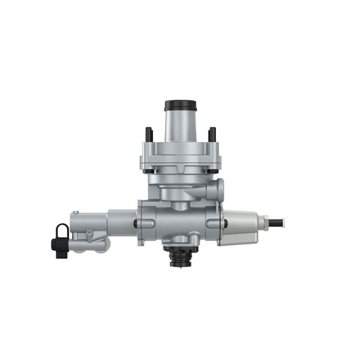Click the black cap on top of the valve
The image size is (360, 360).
(180, 106)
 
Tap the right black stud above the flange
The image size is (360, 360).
(212, 134)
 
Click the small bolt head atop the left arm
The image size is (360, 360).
(75, 213)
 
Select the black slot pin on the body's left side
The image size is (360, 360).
(136, 223)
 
